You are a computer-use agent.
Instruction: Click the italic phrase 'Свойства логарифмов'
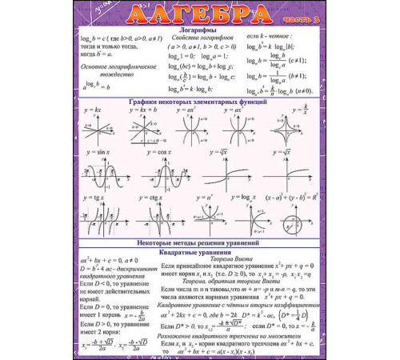pos(194,40)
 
